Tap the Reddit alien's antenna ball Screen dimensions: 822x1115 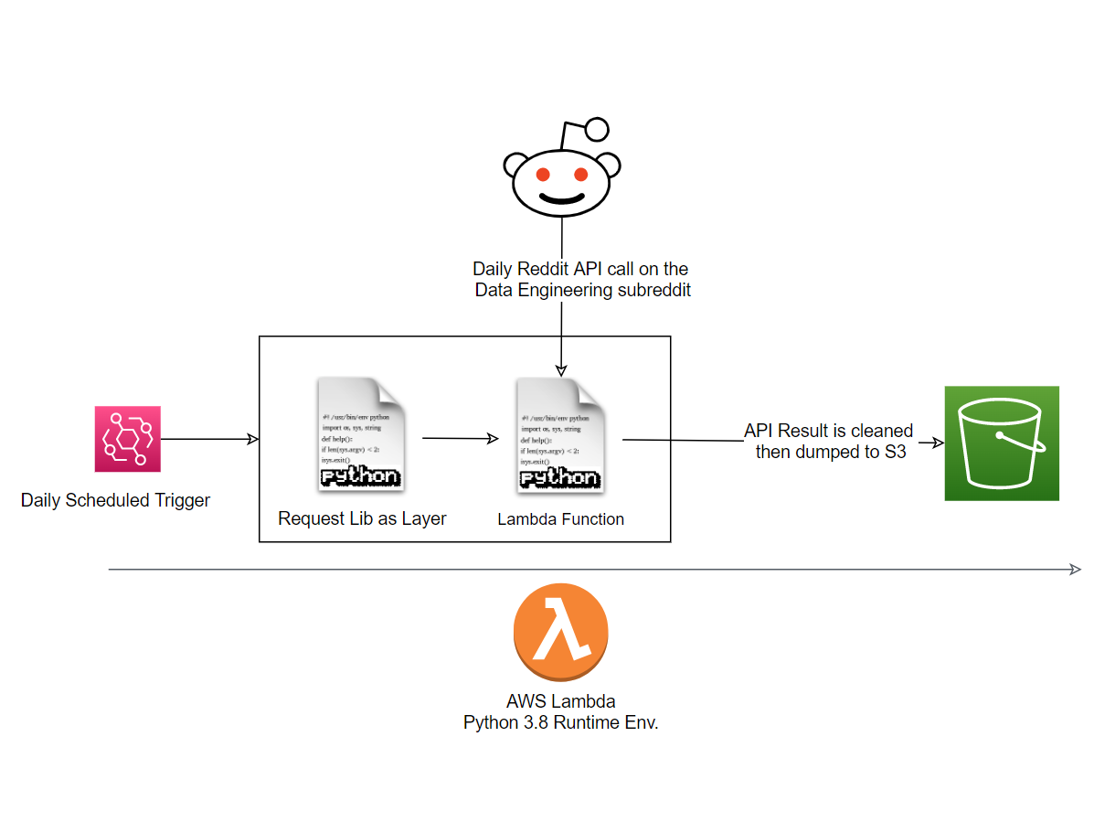(597, 130)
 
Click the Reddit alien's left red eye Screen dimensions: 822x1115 (542, 174)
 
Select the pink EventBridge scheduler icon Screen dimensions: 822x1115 (127, 439)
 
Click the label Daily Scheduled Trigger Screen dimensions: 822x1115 (115, 500)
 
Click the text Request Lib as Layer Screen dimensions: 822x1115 (362, 518)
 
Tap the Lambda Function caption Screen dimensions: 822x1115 (560, 519)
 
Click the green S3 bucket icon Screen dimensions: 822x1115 (1001, 443)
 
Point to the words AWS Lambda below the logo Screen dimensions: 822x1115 (560, 701)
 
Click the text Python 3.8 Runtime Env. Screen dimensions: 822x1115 (560, 722)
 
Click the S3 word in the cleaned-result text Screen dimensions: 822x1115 (895, 451)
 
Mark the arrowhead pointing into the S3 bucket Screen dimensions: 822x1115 (938, 443)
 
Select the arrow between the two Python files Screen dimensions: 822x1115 (461, 439)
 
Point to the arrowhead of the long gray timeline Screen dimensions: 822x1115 (1076, 570)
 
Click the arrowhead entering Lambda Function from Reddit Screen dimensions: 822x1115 (561, 368)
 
